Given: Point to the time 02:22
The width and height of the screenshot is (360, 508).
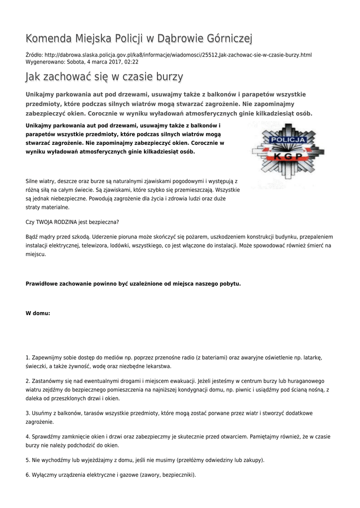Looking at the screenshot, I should [131, 62].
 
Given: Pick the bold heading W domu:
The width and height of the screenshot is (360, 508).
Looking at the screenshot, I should [38, 314].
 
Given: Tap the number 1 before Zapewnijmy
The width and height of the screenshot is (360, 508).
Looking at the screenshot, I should [27, 357].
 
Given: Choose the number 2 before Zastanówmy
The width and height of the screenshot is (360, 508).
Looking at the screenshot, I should [27, 381].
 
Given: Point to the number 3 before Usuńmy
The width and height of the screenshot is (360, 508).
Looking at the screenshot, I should [27, 413].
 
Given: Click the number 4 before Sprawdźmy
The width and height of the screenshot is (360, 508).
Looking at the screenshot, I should [27, 437].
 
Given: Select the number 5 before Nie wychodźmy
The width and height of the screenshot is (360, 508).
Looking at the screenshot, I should [27, 460].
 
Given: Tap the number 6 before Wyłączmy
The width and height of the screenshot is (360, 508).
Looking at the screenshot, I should [27, 475].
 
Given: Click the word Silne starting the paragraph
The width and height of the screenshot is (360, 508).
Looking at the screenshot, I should [33, 182].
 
